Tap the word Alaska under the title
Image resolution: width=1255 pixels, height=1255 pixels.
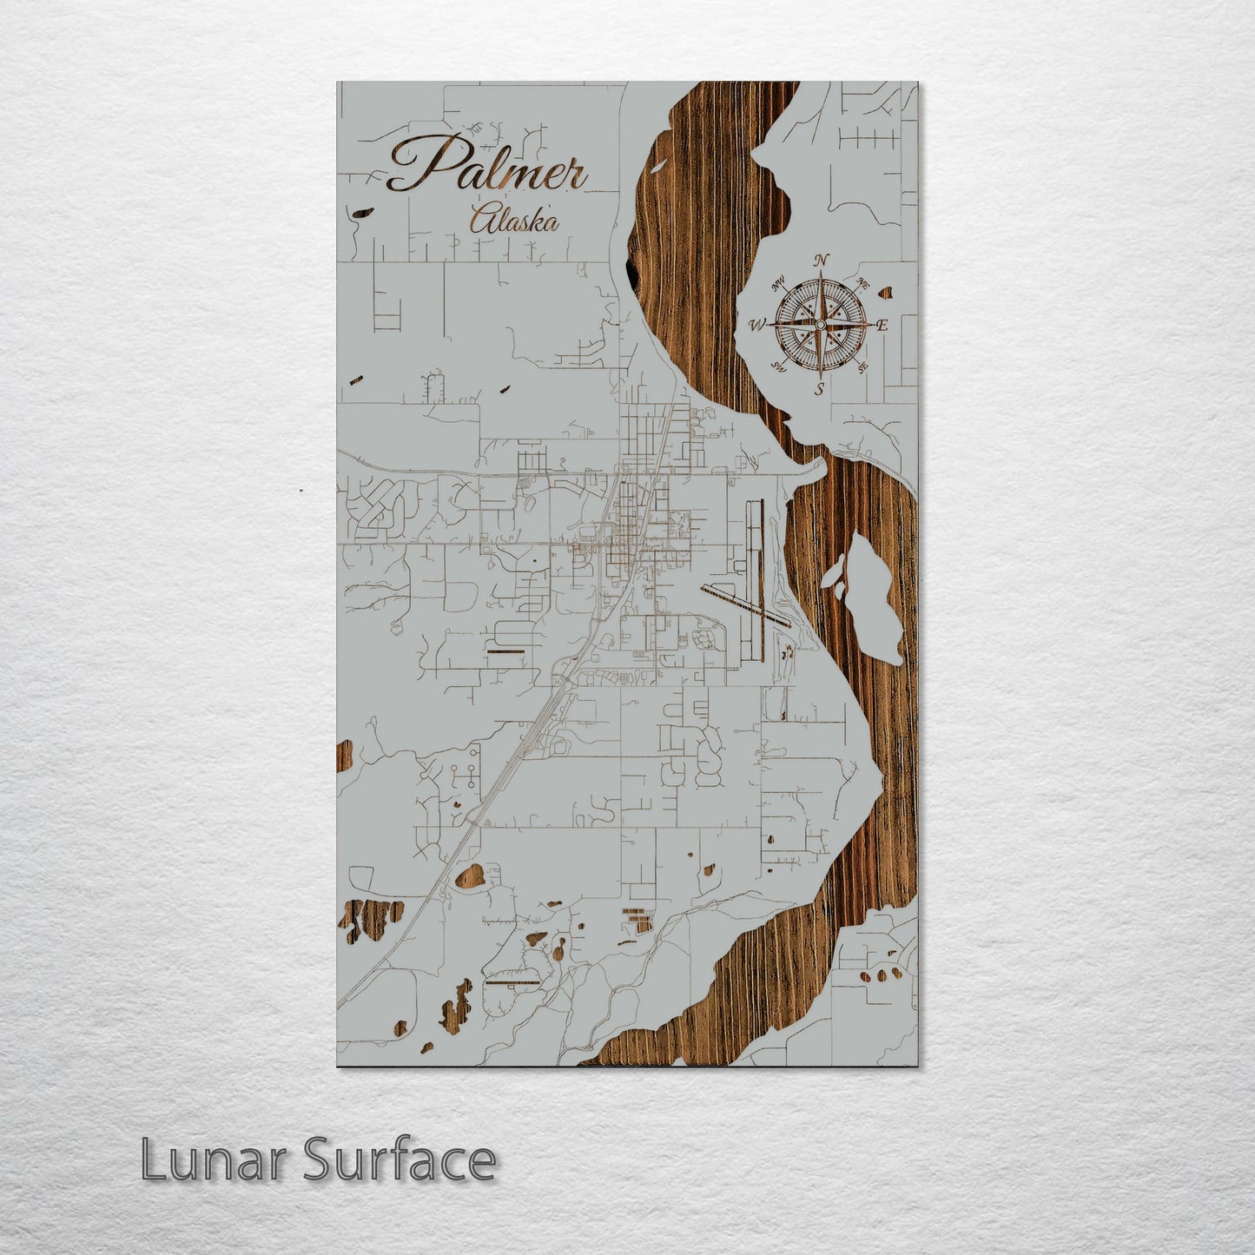512,221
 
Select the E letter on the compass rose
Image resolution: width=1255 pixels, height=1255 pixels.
882,327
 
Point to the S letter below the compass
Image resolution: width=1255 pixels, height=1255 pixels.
819,389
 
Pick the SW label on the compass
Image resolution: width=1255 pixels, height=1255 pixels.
779,367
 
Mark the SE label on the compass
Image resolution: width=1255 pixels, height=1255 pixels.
862,367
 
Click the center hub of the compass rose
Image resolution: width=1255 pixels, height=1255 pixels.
820,325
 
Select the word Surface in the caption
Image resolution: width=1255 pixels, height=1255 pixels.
400,1160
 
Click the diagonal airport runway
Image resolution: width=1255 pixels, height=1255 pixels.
745,604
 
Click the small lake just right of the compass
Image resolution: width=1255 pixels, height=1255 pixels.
887,293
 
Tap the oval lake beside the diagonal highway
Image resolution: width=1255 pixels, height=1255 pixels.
470,877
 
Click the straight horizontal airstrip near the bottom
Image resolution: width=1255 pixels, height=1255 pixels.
512,983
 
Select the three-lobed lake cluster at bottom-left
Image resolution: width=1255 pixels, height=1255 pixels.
372,919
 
